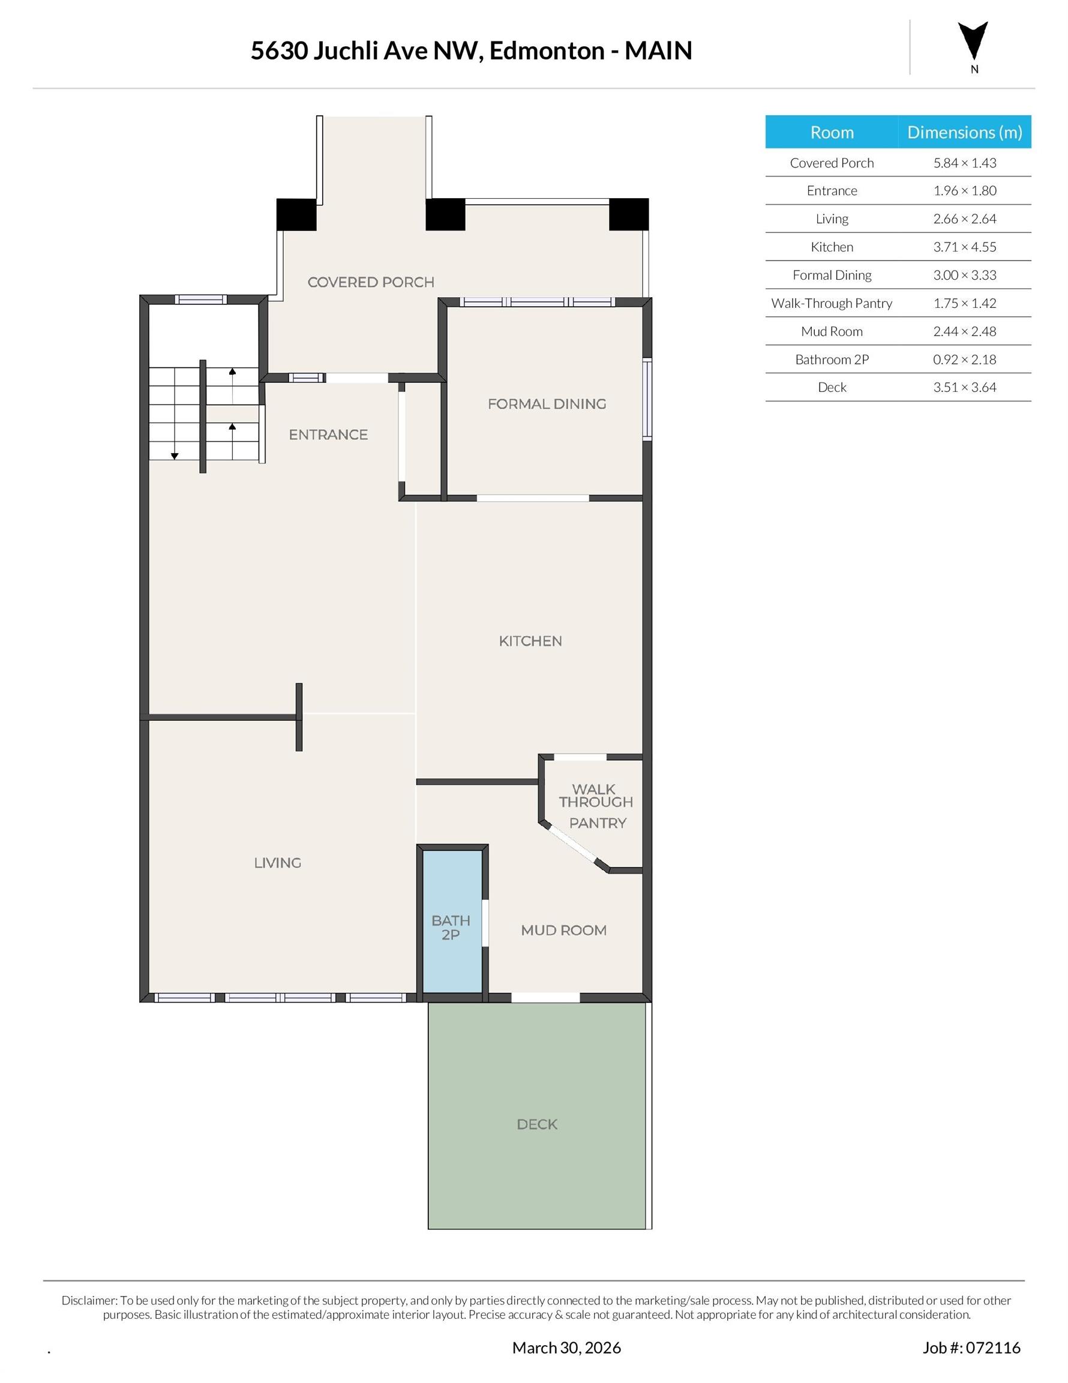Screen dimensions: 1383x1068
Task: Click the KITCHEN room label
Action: [530, 641]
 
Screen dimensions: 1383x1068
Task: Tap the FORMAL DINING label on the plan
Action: [547, 403]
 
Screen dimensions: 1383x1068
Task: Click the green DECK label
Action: [537, 1124]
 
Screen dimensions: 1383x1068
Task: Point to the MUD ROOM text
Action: [563, 930]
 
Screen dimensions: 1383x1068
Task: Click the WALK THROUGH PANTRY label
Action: [595, 806]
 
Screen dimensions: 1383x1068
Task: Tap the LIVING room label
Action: [277, 863]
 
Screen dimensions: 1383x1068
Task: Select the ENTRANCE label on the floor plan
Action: [328, 435]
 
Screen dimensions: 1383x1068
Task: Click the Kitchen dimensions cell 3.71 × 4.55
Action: [964, 247]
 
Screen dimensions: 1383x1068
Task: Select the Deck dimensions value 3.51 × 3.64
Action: [964, 387]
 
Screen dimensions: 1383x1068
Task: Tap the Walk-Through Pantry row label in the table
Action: [831, 303]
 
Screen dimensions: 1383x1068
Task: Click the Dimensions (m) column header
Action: [964, 132]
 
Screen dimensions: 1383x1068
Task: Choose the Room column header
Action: [831, 132]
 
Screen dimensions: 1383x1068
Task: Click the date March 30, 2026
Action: [566, 1348]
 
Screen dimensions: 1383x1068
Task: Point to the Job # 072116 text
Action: [971, 1348]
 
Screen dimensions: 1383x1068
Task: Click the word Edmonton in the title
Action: [547, 50]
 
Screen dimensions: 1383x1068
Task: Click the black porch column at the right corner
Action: [629, 215]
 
